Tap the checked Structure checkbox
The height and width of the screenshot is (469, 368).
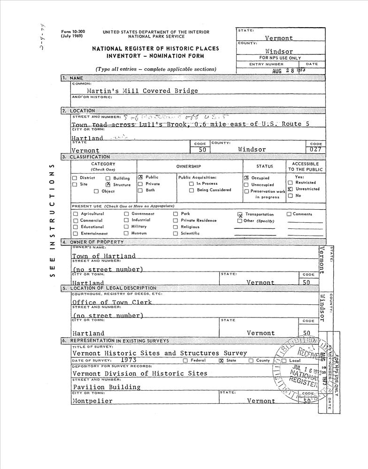point(108,185)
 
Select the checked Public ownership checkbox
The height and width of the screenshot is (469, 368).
point(140,178)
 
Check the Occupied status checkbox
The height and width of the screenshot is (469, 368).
point(246,178)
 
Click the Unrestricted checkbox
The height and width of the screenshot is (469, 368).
point(290,189)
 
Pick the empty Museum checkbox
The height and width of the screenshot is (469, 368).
point(126,233)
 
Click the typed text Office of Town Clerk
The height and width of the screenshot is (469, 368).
point(112,303)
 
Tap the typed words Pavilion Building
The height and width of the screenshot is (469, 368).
point(107,387)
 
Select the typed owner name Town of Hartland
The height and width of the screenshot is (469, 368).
point(104,256)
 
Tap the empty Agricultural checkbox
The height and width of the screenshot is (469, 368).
point(75,214)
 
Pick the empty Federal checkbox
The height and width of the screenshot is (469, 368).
point(185,361)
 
